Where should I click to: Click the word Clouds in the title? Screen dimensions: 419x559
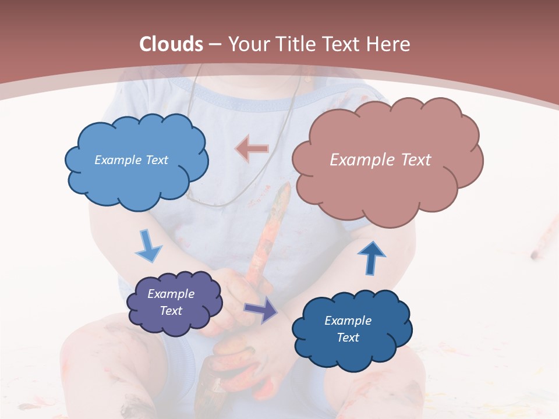pos(171,44)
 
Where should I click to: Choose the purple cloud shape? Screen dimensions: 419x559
pos(174,302)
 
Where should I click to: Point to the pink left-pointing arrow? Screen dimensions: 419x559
pos(252,148)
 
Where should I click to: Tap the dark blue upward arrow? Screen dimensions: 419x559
pos(371,257)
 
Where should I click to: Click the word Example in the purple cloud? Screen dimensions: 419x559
pos(171,294)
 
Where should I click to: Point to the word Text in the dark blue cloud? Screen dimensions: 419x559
pos(348,338)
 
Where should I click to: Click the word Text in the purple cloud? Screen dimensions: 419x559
pos(171,311)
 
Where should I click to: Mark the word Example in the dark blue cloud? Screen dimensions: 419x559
pos(348,321)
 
